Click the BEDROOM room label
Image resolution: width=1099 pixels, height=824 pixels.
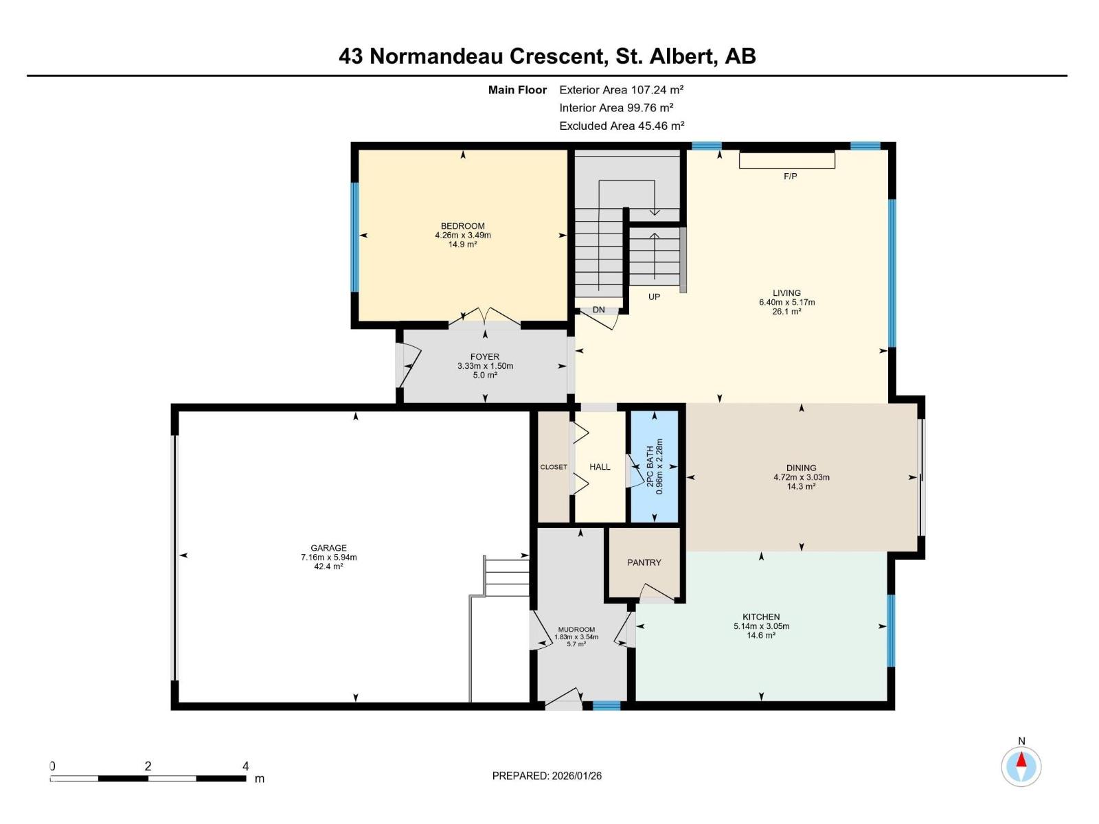coord(462,226)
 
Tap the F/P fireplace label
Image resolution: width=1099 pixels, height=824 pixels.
coord(790,176)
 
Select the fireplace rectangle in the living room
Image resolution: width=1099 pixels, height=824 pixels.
coord(786,160)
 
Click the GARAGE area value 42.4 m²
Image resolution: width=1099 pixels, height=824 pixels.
coord(328,566)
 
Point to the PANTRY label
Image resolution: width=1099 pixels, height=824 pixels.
coord(644,562)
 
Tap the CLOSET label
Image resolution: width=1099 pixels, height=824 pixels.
coord(554,467)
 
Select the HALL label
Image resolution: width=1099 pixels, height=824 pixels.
coord(600,467)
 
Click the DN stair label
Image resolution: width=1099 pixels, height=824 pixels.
coord(599,310)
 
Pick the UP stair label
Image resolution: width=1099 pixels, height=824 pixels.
coord(654,297)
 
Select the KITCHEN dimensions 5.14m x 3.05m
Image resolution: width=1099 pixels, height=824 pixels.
coord(761,626)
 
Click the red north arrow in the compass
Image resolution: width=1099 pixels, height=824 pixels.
coord(1021,759)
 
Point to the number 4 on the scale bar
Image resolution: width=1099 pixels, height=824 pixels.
coord(245,766)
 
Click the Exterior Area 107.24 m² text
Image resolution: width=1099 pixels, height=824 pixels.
coord(621,89)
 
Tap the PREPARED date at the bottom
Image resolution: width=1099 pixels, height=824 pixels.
coord(547,776)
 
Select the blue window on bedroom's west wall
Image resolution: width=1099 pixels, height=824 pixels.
coord(355,237)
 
